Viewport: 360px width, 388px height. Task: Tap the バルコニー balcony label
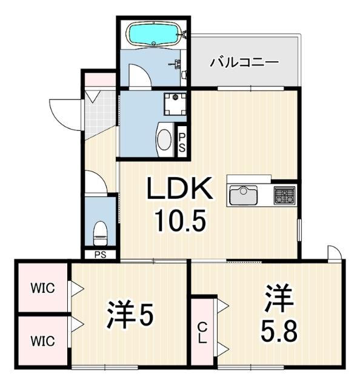(x=244, y=62)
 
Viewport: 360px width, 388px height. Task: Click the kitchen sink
(x=243, y=196)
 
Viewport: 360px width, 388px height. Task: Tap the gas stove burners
(x=284, y=196)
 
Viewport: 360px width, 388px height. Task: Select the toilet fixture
(x=101, y=230)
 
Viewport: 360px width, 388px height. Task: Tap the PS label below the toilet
(x=100, y=255)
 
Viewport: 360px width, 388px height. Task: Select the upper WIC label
(x=44, y=288)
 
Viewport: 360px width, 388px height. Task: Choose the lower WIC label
(x=44, y=341)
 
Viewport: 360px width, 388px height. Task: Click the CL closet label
(x=202, y=333)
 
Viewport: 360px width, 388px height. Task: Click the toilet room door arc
(x=95, y=182)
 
